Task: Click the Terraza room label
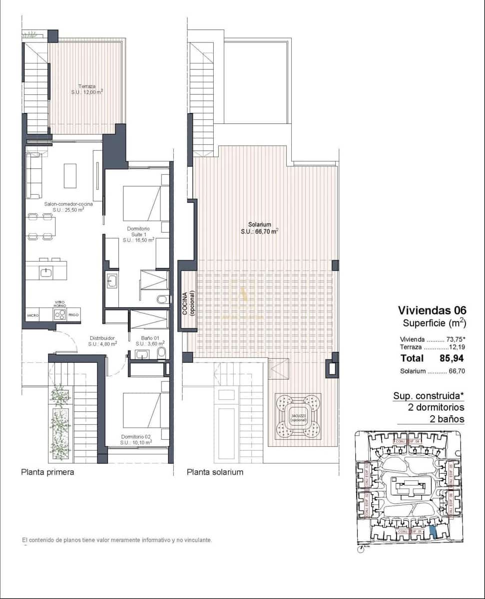coord(87,88)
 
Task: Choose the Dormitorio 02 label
coord(136,439)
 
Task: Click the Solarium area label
coord(259,228)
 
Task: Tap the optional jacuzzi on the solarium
coord(298,416)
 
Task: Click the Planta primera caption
coord(47,472)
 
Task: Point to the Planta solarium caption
coord(215,472)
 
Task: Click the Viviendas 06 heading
coord(432,310)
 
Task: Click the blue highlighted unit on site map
coord(433,532)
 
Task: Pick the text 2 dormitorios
coord(436,407)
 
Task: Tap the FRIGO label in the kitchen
coord(74,315)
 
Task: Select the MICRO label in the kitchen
coord(33,315)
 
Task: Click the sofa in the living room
coord(33,176)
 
